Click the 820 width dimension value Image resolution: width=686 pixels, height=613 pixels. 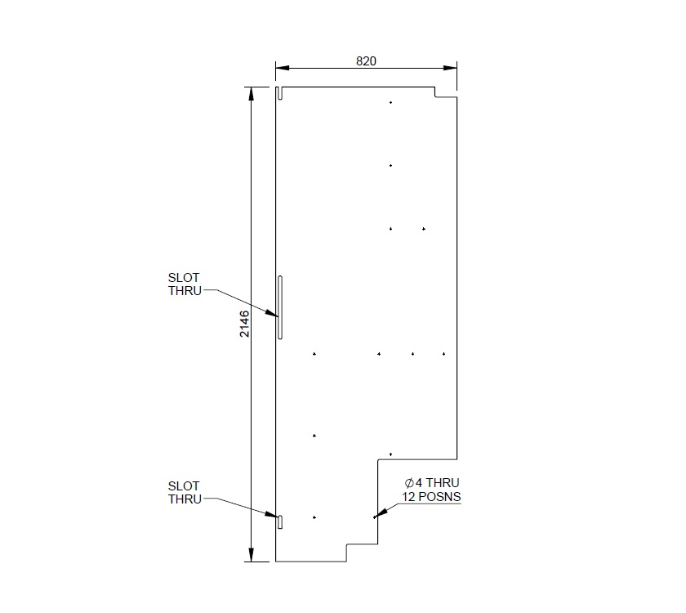(366, 61)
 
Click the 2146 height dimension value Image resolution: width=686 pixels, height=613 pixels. (243, 324)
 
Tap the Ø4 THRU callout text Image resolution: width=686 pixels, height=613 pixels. (426, 483)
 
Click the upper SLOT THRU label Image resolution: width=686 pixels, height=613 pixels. (184, 284)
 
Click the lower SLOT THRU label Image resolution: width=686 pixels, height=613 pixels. (184, 493)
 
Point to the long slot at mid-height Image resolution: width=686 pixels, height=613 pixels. (279, 307)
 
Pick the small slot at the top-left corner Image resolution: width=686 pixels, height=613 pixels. (278, 93)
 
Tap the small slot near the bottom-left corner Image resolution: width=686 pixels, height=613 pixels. (278, 521)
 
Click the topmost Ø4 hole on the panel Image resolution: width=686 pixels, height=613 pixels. (390, 102)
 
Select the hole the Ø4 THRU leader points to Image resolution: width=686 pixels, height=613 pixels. (374, 517)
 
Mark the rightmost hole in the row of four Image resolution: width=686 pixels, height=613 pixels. (443, 354)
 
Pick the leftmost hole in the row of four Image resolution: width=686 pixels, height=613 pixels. (314, 354)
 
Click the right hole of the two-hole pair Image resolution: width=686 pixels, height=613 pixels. (424, 229)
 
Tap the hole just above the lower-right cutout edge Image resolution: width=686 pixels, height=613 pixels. (390, 454)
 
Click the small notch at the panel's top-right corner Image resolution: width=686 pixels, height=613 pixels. (446, 92)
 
